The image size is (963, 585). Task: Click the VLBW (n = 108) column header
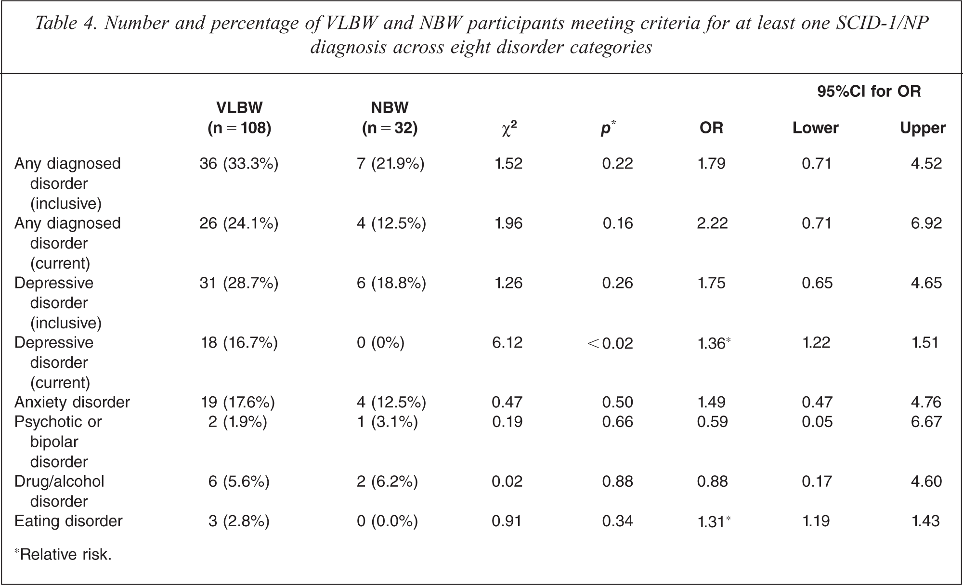pos(239,117)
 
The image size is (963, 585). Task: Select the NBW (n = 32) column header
pos(390,117)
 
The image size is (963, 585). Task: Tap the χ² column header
pos(509,128)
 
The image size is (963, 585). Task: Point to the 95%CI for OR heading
pos(869,91)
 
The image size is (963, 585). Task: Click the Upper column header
pos(923,128)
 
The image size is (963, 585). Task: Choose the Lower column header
pos(816,128)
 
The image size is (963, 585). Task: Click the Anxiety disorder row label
pos(72,402)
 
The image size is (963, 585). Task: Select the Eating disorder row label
pos(68,521)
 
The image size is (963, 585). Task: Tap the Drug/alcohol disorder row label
pos(59,491)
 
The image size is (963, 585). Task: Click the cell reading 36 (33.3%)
pos(239,164)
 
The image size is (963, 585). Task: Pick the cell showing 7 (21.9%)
pos(390,164)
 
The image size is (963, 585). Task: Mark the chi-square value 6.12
pos(508,343)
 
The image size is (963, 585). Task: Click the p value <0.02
pos(610,343)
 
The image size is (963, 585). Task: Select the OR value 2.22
pos(712,223)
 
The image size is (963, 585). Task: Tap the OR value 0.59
pos(712,422)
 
